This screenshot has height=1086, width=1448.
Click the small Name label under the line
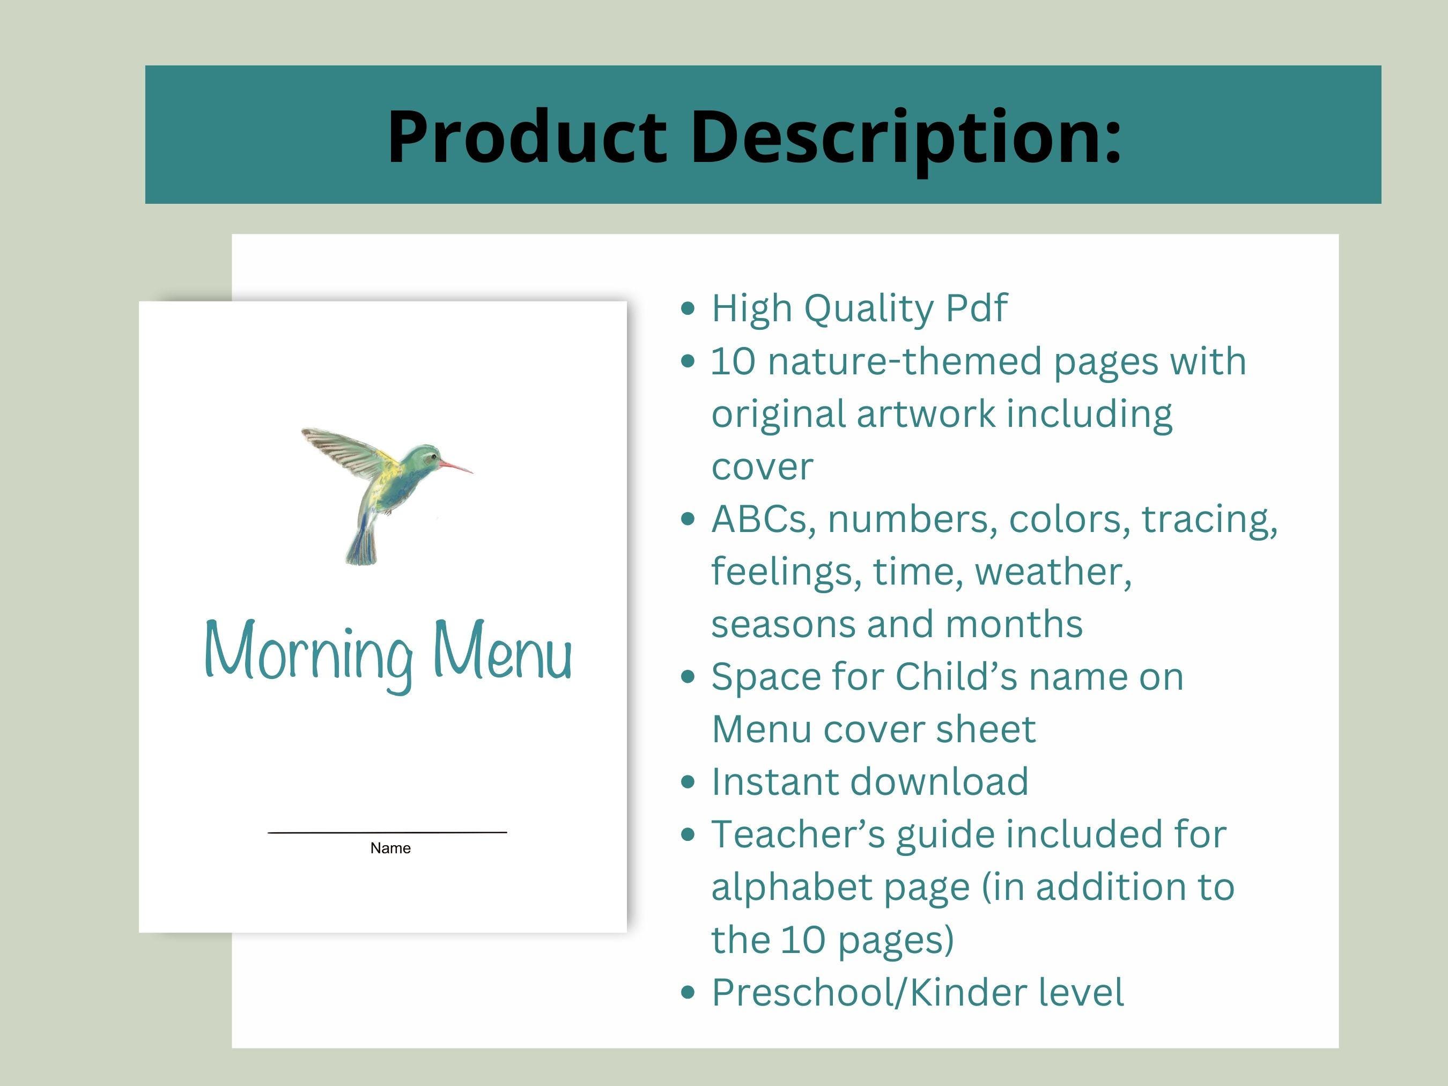point(390,848)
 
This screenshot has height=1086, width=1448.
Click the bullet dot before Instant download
point(688,782)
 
